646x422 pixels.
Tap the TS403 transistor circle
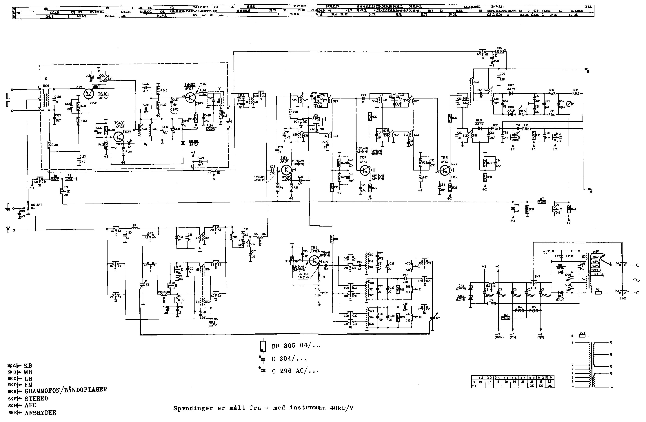coord(119,136)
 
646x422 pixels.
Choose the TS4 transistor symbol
coord(314,260)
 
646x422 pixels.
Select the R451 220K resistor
coord(210,129)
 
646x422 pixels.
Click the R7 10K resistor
coord(542,202)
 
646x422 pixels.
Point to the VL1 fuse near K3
coord(597,293)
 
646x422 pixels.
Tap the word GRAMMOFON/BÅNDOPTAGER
coord(66,390)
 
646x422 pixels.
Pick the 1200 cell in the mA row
coord(549,386)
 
